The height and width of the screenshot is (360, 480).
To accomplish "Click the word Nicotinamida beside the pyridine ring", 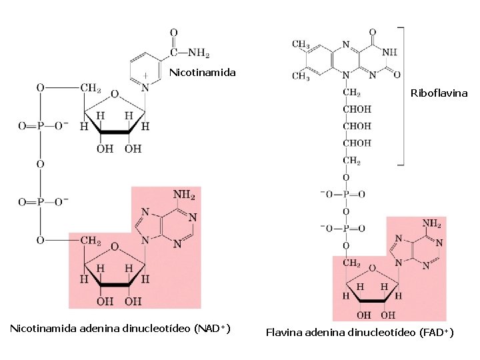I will click(202, 72).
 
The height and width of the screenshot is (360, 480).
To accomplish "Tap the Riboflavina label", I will click(439, 94).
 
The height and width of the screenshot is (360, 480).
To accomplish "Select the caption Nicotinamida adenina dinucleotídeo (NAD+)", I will click(120, 329).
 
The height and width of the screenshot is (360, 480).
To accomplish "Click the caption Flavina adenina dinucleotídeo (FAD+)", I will click(359, 332).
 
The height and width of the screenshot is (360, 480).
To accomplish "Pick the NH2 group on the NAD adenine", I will click(184, 195).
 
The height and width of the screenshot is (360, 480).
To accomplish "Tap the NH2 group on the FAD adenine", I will click(432, 223).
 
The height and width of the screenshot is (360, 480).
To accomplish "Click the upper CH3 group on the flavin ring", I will click(301, 45).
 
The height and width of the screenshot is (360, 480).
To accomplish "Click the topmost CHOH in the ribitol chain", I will click(357, 109).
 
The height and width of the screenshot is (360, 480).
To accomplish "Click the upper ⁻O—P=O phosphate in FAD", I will click(343, 195).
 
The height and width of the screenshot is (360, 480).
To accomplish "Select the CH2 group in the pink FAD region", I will click(352, 263).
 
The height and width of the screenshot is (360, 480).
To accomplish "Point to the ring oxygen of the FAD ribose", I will click(373, 269).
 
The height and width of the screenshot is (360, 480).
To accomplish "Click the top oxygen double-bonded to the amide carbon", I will click(173, 32).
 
